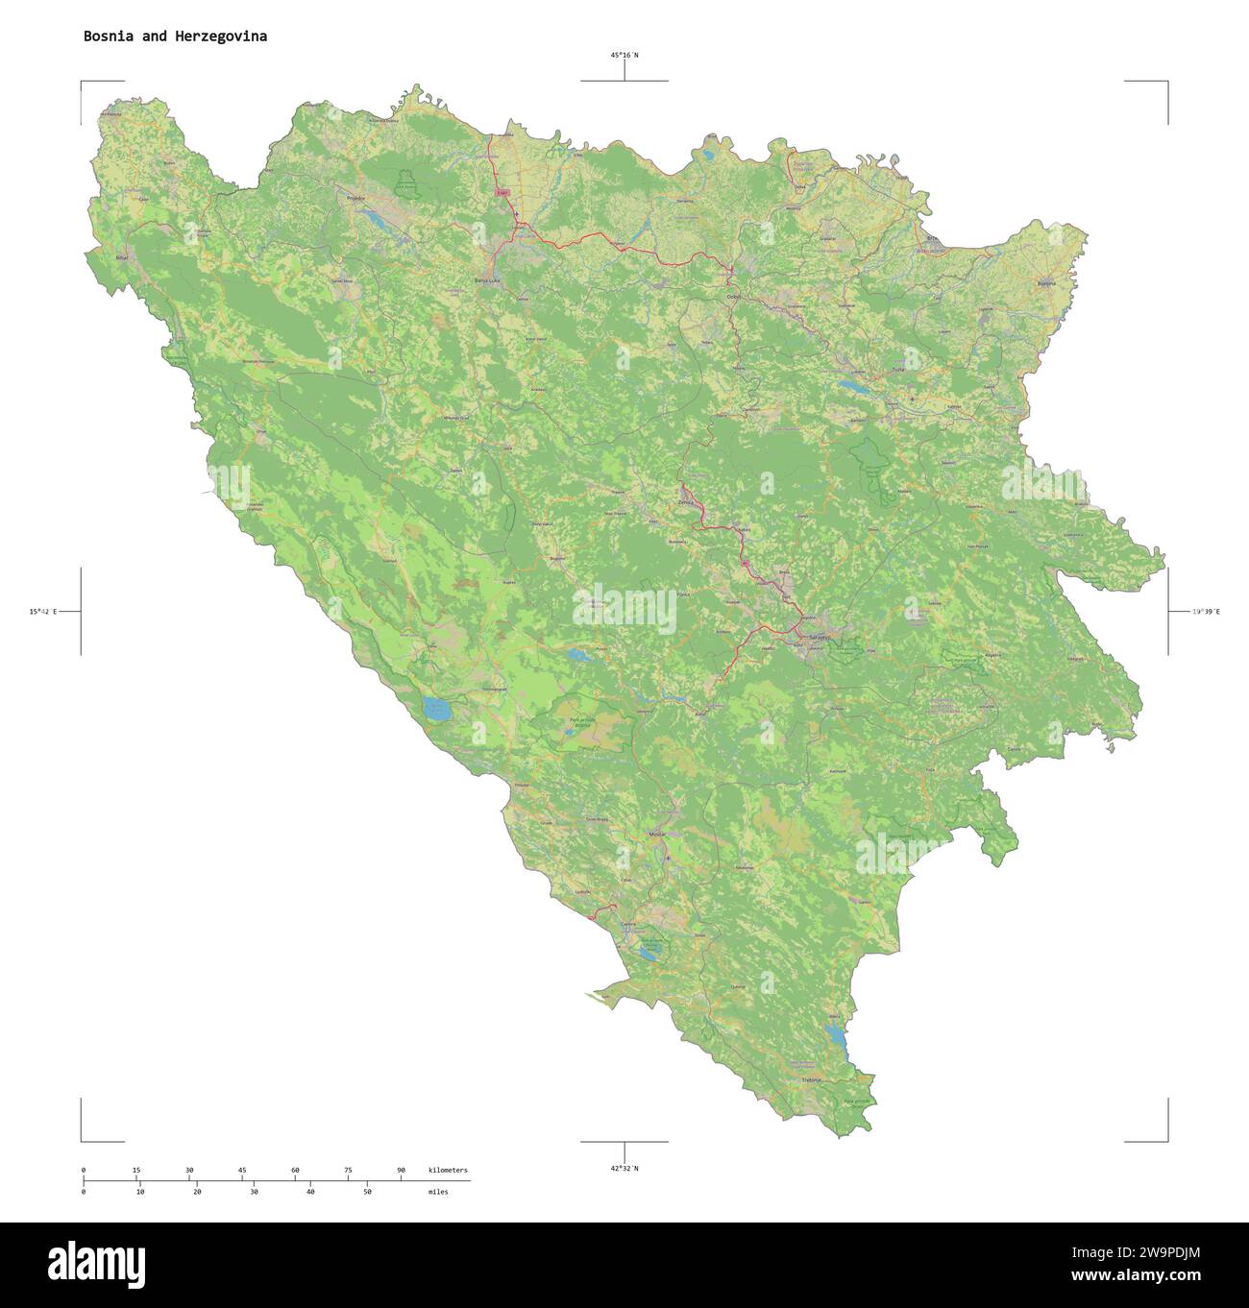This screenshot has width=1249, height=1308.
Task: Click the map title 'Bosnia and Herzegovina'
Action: point(175,36)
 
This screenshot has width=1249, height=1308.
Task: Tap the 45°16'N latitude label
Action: point(624,56)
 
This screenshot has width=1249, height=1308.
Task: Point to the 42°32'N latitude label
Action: point(624,1168)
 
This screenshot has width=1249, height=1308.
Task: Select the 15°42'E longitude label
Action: point(43,611)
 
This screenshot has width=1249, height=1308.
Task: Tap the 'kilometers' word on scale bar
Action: point(448,1170)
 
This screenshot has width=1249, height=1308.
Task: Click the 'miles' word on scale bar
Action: point(438,1191)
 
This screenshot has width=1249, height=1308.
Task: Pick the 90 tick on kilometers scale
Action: point(401,1170)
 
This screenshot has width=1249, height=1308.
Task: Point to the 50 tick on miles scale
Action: point(367,1191)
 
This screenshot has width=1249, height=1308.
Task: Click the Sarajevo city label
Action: point(819,638)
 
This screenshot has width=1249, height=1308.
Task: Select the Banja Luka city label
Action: point(487,280)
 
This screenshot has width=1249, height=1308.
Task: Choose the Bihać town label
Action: point(121,259)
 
